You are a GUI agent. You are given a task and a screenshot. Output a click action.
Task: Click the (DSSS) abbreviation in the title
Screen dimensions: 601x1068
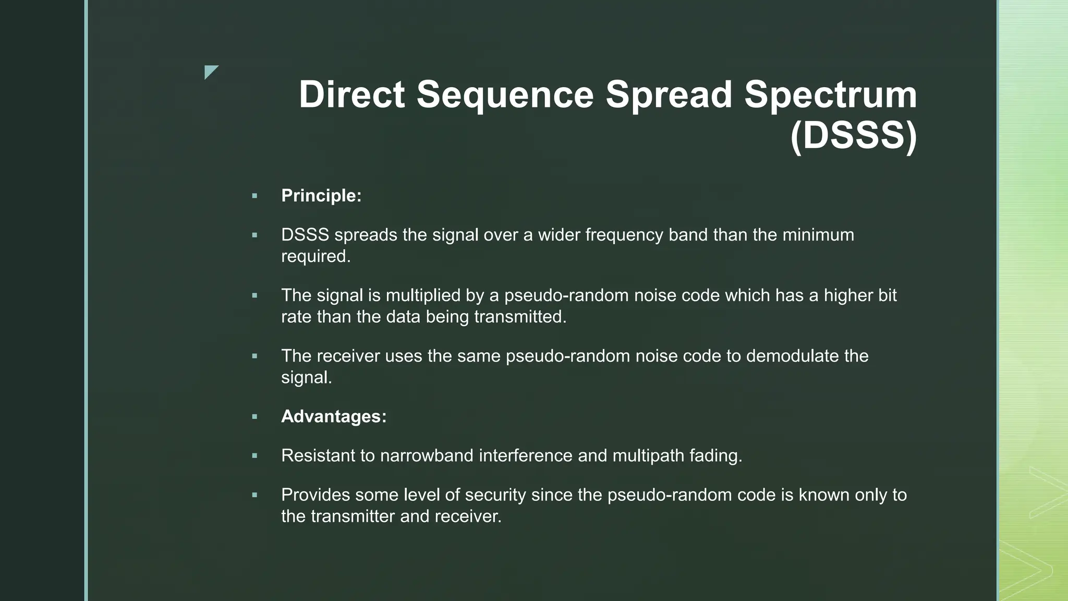853,136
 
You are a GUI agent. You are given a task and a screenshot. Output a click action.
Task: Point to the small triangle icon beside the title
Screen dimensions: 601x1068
211,72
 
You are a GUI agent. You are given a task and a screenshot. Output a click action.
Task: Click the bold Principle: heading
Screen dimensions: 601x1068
321,196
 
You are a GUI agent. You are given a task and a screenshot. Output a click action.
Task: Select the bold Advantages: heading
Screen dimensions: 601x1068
334,416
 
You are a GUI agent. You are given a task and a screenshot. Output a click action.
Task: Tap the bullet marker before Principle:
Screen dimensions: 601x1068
254,196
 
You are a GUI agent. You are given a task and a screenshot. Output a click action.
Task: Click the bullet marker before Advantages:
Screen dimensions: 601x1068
254,417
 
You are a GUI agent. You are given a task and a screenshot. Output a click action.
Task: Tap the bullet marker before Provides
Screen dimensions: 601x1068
254,495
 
